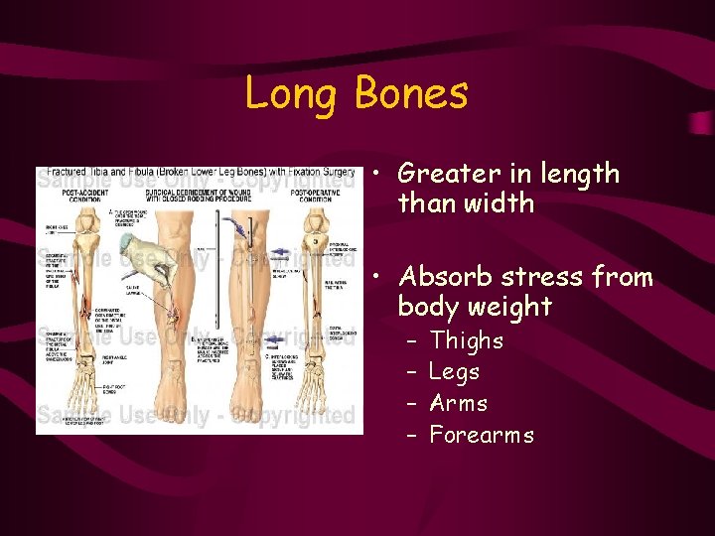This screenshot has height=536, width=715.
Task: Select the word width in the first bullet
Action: click(500, 203)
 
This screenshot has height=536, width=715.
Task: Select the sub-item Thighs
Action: click(467, 341)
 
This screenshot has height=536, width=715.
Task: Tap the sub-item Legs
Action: click(454, 372)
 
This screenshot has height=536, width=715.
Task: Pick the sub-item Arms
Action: click(459, 403)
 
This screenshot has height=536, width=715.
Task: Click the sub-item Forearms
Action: click(482, 435)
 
